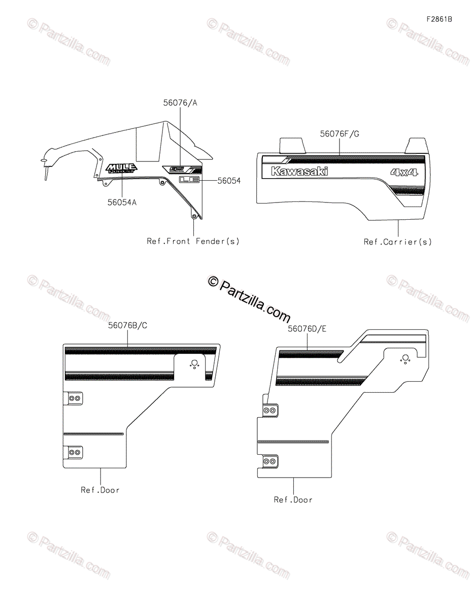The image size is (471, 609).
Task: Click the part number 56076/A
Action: click(180, 103)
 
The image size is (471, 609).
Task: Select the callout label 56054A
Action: click(121, 202)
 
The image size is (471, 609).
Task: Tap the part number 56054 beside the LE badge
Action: click(228, 181)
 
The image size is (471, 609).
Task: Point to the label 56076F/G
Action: click(340, 134)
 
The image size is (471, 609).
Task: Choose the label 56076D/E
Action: click(307, 329)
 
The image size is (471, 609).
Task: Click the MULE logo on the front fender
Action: click(121, 168)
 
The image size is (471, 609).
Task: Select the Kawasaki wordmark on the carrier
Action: click(299, 171)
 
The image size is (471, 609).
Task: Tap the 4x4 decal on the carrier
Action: click(404, 172)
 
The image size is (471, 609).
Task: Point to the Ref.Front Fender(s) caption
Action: click(193, 241)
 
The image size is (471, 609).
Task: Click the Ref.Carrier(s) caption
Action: click(398, 242)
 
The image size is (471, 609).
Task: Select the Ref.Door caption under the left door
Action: click(100, 490)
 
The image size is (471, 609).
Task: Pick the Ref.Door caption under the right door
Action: click(293, 500)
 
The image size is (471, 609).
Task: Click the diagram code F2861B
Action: click(439, 20)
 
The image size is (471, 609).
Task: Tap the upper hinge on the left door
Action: click(74, 398)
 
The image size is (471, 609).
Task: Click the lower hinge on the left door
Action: click(74, 452)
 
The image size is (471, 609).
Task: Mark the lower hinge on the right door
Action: click(270, 461)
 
